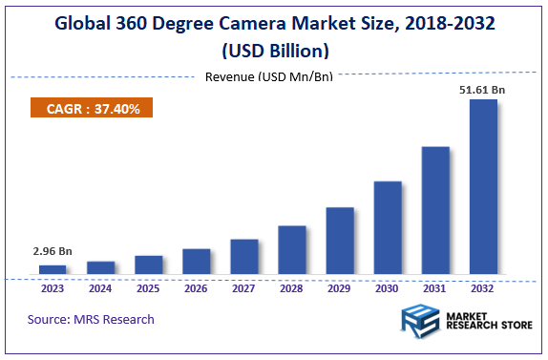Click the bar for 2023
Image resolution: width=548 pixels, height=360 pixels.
tap(53, 270)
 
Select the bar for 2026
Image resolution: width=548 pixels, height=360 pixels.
tap(197, 262)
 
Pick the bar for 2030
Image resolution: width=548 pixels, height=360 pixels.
tap(388, 228)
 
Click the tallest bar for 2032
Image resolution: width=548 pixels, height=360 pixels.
tap(483, 187)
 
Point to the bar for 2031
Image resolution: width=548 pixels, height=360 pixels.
tap(435, 211)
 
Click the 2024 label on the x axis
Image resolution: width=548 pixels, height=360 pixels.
tap(101, 287)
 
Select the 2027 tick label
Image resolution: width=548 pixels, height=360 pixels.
tap(244, 287)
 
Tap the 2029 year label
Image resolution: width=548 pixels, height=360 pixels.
tap(340, 287)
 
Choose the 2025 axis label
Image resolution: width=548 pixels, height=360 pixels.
tap(149, 287)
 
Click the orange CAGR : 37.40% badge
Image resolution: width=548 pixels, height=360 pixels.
tap(93, 109)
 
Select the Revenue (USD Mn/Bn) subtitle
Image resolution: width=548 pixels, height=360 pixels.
tap(268, 76)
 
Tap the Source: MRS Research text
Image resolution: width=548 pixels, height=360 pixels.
tap(91, 319)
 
